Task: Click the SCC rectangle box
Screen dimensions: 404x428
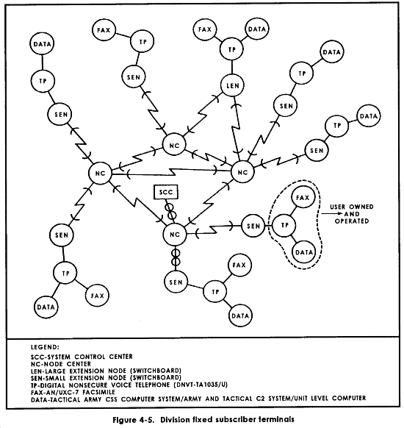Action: point(166,192)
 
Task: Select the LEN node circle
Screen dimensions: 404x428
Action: point(232,85)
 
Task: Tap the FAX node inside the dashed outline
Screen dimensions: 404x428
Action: point(303,197)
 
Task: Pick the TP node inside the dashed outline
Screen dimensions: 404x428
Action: point(284,225)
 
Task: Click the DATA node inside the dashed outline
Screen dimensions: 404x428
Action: point(303,252)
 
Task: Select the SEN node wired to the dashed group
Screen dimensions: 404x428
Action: point(253,226)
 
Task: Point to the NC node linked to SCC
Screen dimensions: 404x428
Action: point(175,235)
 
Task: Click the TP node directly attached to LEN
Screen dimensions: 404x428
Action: point(231,49)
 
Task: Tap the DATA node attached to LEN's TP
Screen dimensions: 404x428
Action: point(257,29)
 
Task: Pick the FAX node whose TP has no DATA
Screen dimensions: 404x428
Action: point(104,29)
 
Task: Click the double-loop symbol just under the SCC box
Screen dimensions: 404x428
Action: point(170,212)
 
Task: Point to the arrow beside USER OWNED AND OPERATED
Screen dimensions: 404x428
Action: point(332,213)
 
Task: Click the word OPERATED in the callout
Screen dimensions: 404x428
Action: point(352,221)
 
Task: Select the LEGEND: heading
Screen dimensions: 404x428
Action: point(45,347)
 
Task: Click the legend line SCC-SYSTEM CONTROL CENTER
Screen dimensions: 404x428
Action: point(82,357)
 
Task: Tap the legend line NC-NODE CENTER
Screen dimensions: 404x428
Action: point(61,364)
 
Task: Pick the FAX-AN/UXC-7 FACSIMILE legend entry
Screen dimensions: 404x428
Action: point(73,392)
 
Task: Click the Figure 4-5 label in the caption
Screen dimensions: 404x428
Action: point(133,419)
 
